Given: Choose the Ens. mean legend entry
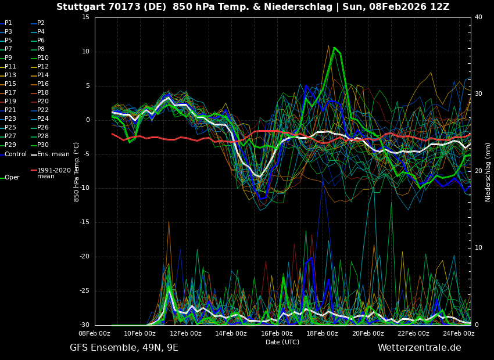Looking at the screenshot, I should pyautogui.click(x=53, y=154).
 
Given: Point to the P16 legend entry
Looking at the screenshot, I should pyautogui.click(x=43, y=84).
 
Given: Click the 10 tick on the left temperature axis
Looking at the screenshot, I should pyautogui.click(x=85, y=52).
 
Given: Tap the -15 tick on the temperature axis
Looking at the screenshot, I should pyautogui.click(x=84, y=222).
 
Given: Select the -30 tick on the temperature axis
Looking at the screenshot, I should pyautogui.click(x=84, y=325).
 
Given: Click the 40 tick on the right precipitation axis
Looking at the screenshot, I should pyautogui.click(x=478, y=17).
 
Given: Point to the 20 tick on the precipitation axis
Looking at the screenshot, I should pyautogui.click(x=478, y=171).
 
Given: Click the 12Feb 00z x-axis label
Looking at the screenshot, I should pyautogui.click(x=185, y=334).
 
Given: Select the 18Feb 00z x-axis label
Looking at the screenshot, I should pyautogui.click(x=322, y=334).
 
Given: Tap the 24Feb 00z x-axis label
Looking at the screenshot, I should pyautogui.click(x=459, y=334).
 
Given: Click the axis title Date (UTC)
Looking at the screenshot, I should pyautogui.click(x=282, y=343).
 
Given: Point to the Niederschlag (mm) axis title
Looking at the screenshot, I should pyautogui.click(x=488, y=172).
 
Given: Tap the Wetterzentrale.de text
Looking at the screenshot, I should pyautogui.click(x=419, y=348).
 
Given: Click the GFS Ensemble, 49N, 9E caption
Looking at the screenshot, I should pyautogui.click(x=124, y=348).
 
